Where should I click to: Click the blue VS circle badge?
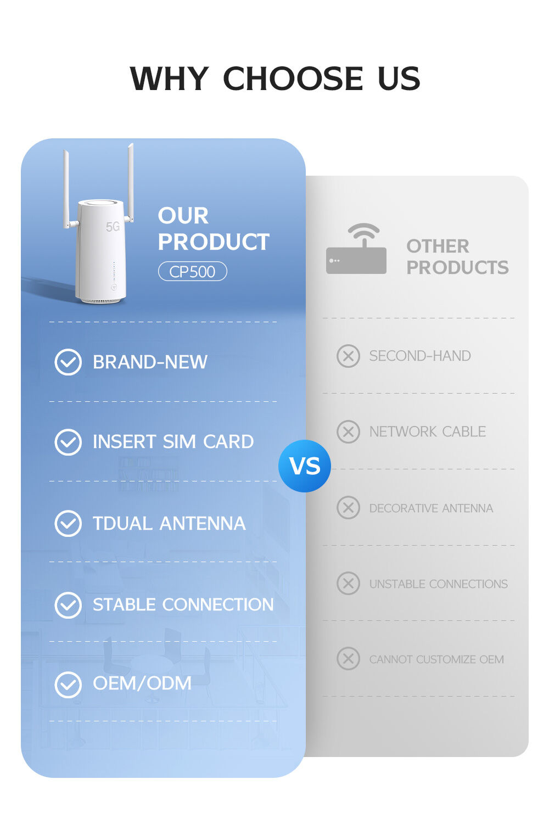pos(305,466)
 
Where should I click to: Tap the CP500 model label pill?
pos(192,272)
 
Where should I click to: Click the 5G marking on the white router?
pos(113,227)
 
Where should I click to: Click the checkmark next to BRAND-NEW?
pos(68,362)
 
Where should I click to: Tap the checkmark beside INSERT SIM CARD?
pos(68,442)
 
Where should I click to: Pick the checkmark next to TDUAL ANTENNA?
pos(68,524)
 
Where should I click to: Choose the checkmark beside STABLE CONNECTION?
pos(68,605)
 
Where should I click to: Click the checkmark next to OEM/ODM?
pos(68,685)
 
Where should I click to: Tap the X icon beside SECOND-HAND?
pos(348,356)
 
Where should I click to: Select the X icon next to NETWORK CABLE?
pos(348,431)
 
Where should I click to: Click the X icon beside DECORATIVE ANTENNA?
pos(348,508)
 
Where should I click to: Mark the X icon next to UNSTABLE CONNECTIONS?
pos(348,584)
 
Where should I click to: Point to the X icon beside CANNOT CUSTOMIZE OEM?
pos(348,659)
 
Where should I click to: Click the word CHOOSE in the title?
pos(293,79)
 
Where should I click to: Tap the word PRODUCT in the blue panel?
pos(214,242)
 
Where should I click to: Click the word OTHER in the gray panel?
pos(438,246)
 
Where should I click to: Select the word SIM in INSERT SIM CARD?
pos(180,442)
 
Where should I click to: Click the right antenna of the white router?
pos(131,181)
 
